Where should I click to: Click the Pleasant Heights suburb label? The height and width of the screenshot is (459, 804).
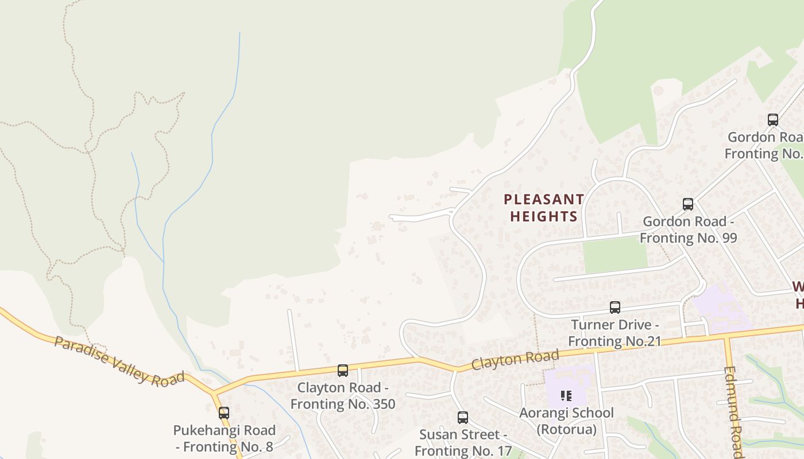543,208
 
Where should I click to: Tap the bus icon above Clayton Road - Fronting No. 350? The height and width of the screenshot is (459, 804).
343,371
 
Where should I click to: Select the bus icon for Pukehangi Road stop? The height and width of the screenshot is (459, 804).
224,413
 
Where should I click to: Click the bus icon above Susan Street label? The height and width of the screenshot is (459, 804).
463,418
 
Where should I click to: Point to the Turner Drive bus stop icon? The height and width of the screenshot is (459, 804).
615,308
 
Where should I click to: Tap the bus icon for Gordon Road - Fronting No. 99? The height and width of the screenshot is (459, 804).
688,204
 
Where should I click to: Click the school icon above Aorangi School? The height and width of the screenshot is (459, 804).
566,395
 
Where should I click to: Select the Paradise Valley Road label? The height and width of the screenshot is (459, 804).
119,360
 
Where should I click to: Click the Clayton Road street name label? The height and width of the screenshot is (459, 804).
515,360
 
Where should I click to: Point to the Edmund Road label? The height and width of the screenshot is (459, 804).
733,410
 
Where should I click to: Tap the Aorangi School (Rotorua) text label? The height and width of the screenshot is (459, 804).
566,421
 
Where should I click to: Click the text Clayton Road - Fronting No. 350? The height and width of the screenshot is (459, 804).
343,396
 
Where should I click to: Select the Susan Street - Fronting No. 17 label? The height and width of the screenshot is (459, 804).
463,442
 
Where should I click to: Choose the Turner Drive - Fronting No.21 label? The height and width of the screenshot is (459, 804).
614,333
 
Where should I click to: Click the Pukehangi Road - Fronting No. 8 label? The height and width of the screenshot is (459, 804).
225,438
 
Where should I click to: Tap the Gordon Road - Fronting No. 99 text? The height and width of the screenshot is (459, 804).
688,229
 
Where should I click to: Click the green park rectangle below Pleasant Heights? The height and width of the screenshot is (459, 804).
615,255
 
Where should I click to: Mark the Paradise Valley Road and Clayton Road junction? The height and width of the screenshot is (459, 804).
214,393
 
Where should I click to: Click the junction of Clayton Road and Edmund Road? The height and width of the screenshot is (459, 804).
726,337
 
